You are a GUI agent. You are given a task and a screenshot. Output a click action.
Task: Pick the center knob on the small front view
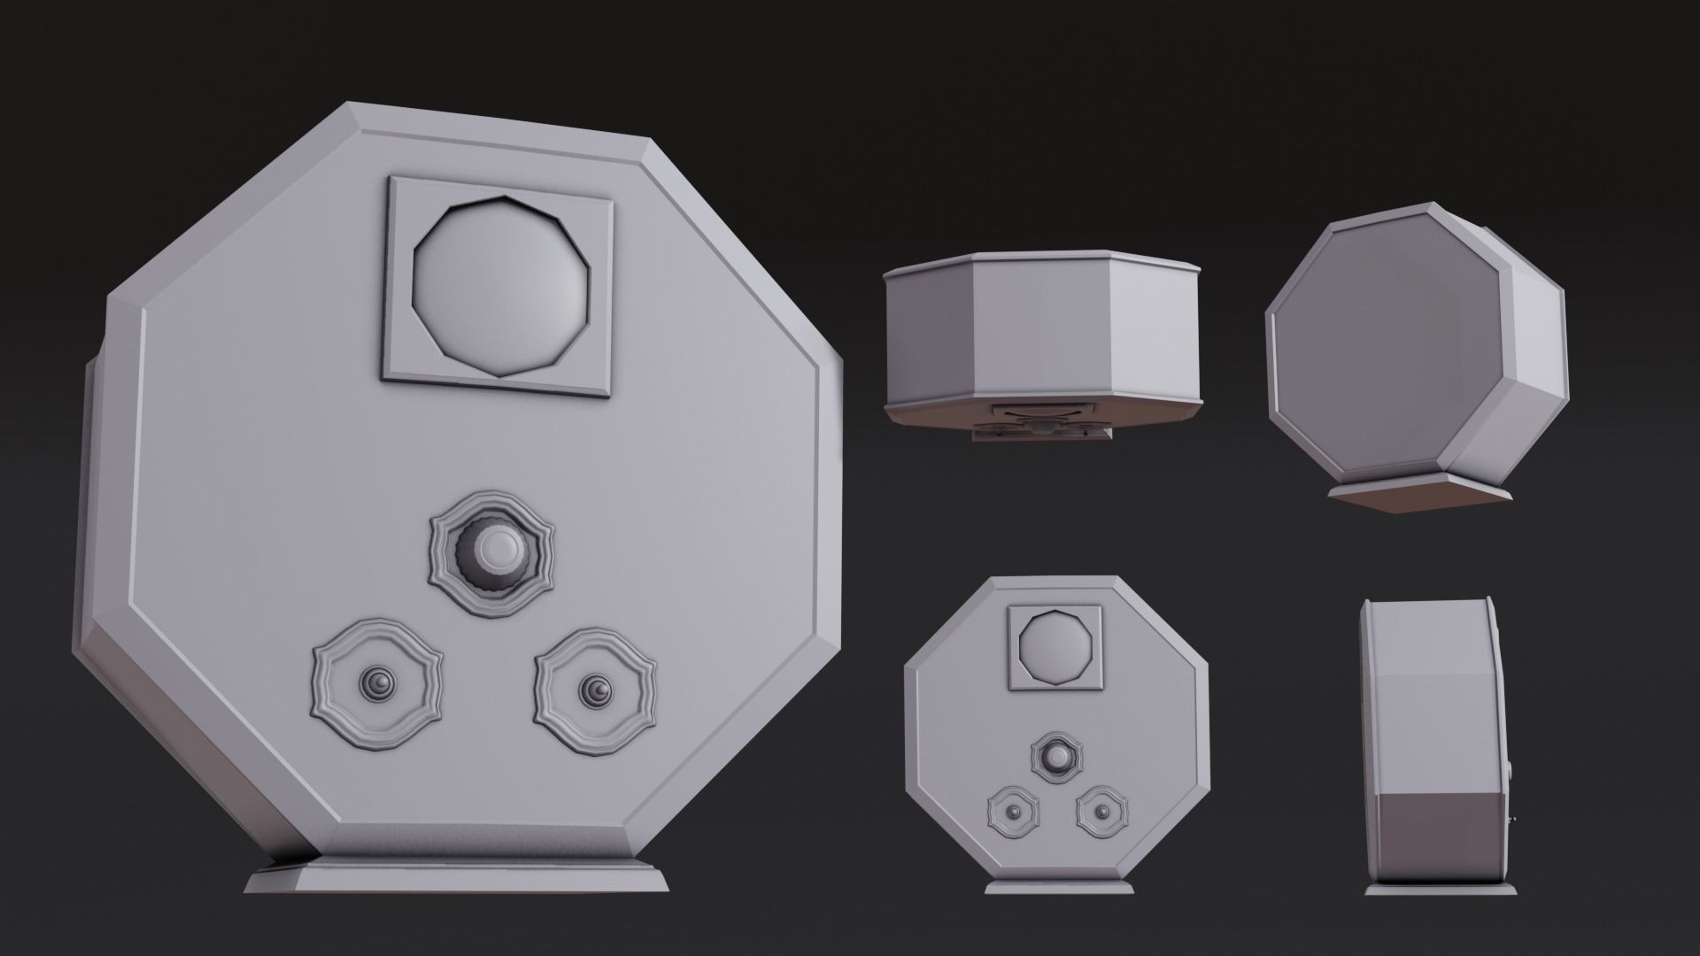pyautogui.click(x=1056, y=757)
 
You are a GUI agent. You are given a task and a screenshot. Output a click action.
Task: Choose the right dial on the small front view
pyautogui.click(x=1102, y=812)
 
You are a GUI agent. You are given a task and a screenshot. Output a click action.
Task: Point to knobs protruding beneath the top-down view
pyautogui.click(x=1043, y=429)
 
